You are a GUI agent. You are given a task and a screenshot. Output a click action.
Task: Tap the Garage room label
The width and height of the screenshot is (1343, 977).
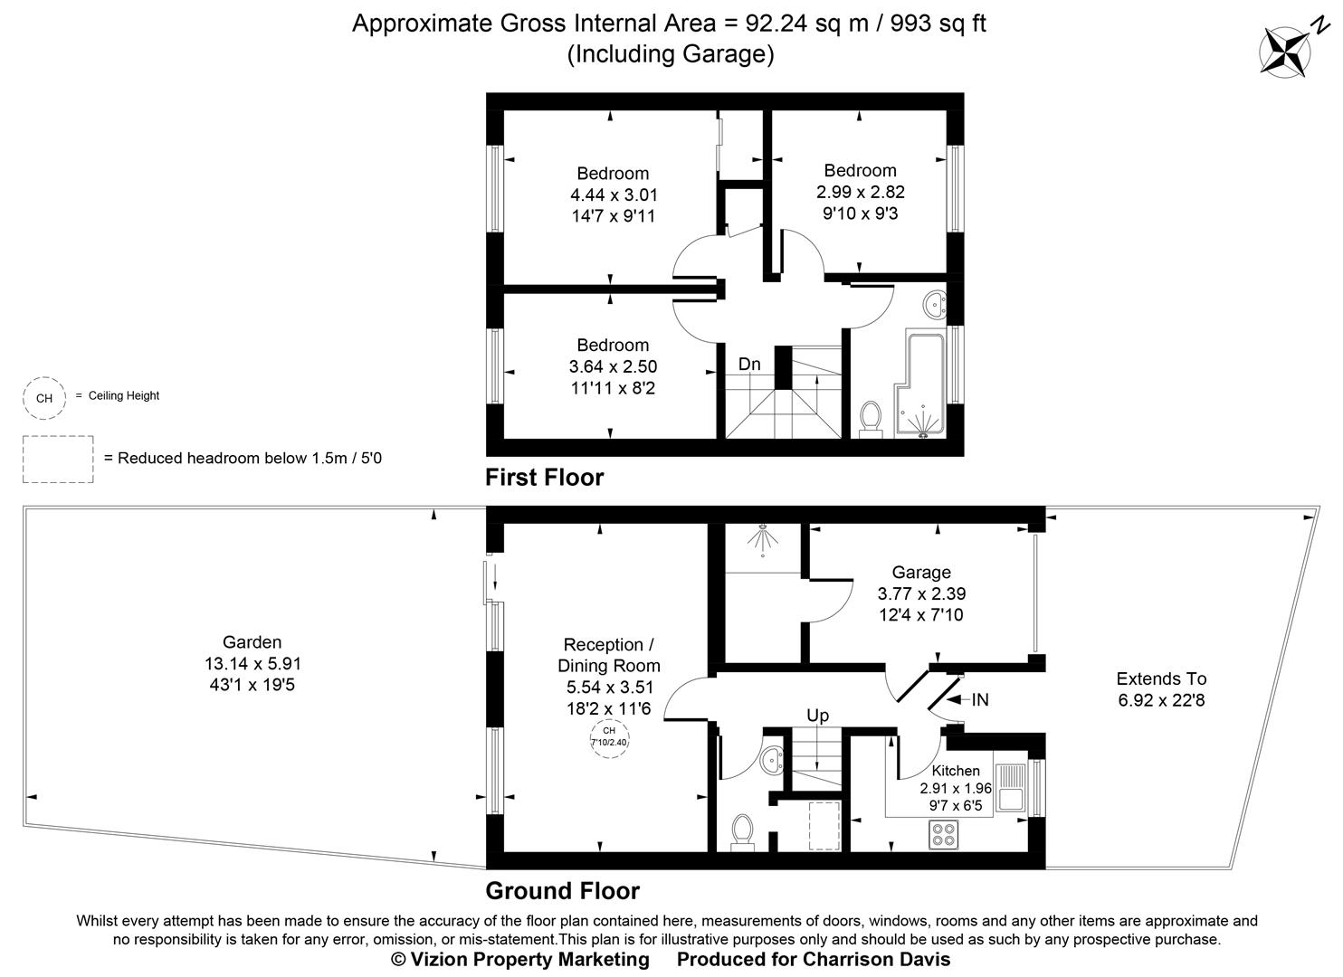pyautogui.click(x=921, y=573)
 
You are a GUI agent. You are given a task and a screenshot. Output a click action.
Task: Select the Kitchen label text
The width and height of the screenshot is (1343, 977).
pyautogui.click(x=956, y=771)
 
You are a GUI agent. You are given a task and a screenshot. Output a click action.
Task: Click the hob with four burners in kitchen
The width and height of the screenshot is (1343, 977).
pyautogui.click(x=942, y=834)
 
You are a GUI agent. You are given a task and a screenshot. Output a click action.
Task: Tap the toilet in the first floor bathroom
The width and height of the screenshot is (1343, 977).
pyautogui.click(x=871, y=419)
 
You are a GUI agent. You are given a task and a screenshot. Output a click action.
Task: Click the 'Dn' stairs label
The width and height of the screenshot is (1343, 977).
pyautogui.click(x=749, y=365)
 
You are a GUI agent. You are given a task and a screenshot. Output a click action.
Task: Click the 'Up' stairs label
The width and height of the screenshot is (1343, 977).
pyautogui.click(x=817, y=716)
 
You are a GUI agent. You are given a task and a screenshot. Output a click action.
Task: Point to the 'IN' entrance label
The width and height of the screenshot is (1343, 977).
pyautogui.click(x=980, y=699)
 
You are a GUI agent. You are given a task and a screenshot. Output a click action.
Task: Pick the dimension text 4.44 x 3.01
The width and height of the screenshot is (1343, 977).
pyautogui.click(x=614, y=194)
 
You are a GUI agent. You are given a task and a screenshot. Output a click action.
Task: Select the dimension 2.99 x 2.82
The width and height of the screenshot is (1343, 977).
pyautogui.click(x=860, y=192)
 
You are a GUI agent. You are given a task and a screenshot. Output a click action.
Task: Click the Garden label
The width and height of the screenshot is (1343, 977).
pyautogui.click(x=252, y=642)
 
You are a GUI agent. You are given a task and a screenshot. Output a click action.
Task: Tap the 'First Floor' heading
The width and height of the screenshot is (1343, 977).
pyautogui.click(x=544, y=478)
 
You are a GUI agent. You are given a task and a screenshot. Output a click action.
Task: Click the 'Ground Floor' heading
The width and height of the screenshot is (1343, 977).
pyautogui.click(x=562, y=891)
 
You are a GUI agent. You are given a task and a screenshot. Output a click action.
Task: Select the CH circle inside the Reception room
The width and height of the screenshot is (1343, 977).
pyautogui.click(x=609, y=735)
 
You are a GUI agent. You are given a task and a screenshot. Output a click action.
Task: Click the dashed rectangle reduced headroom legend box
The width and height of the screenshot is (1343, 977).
pyautogui.click(x=58, y=459)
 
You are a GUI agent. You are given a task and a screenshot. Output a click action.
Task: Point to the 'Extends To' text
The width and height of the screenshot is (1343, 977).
pyautogui.click(x=1161, y=678)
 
